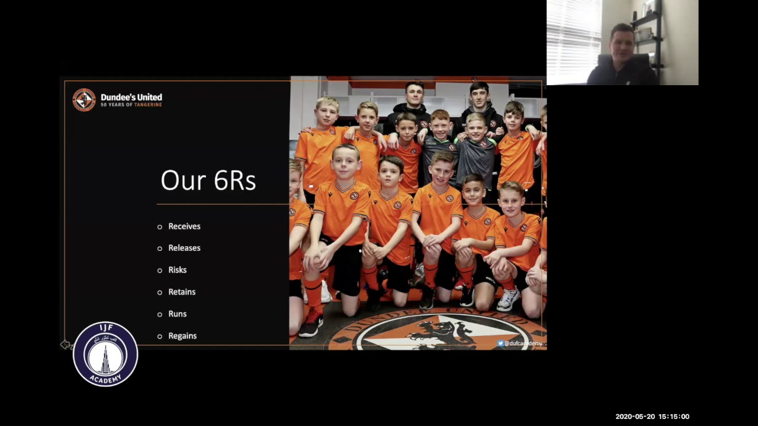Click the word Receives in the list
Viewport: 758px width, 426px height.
click(x=184, y=226)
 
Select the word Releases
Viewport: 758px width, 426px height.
click(x=184, y=248)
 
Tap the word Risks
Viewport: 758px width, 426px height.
click(x=177, y=270)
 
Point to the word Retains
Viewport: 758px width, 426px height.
click(x=182, y=292)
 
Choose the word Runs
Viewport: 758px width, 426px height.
click(x=177, y=314)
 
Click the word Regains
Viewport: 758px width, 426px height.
click(x=182, y=335)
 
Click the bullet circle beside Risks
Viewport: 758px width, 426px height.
click(x=160, y=270)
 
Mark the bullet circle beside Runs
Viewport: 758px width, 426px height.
click(x=160, y=314)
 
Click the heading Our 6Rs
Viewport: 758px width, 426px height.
click(x=208, y=180)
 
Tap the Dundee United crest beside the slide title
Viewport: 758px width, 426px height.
click(x=84, y=99)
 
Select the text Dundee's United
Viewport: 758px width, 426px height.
click(x=131, y=97)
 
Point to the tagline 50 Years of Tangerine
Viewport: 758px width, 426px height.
click(x=131, y=105)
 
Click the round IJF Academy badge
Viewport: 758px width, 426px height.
click(x=105, y=354)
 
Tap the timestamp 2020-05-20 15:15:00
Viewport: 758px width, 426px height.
click(x=652, y=417)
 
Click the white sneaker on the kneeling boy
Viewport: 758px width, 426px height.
click(x=508, y=299)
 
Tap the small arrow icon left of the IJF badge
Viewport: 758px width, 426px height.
click(x=65, y=344)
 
